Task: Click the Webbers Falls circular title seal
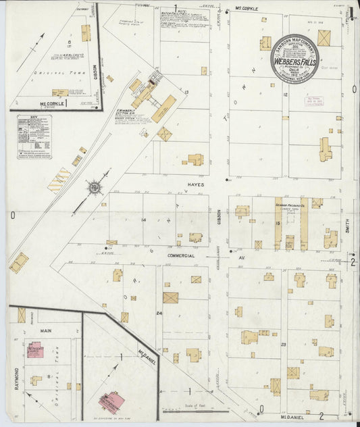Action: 294,58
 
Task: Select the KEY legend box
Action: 34,136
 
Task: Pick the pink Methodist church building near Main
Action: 35,349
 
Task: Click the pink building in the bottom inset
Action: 111,402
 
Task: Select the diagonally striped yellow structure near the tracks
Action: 59,180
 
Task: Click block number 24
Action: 159,313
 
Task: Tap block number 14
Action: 143,221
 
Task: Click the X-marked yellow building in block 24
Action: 170,297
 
